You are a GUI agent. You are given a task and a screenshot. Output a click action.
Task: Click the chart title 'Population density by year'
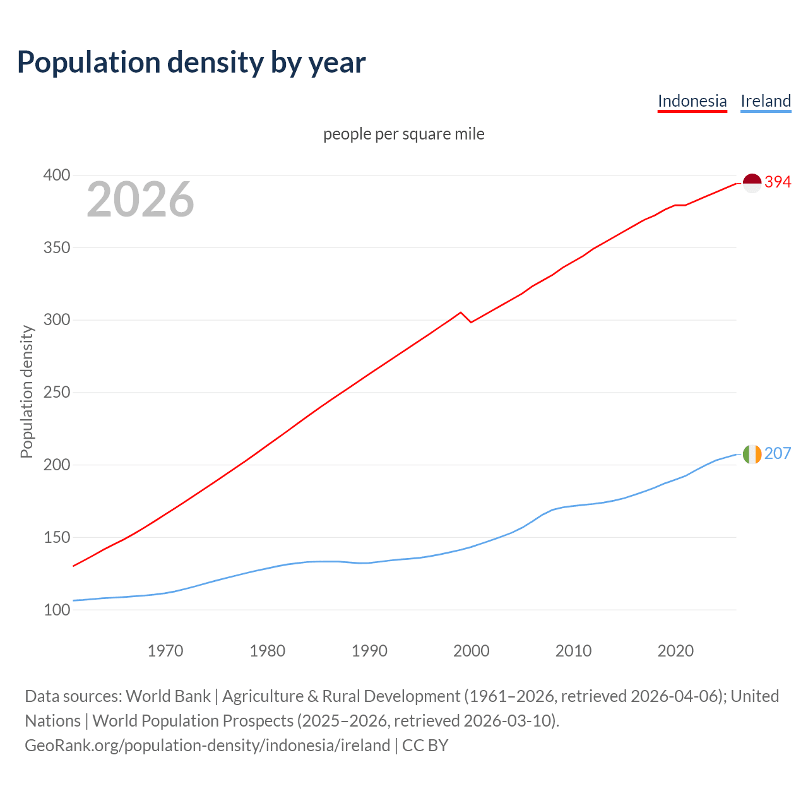(x=191, y=62)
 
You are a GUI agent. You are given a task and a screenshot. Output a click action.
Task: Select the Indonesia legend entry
(x=692, y=101)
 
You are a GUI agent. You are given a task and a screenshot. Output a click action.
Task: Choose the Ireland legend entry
(x=766, y=101)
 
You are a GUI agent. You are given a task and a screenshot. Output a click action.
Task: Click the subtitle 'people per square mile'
(x=404, y=134)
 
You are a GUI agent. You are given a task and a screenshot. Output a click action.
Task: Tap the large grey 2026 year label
(x=140, y=199)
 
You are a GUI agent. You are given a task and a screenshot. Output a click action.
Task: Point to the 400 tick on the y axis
(x=56, y=175)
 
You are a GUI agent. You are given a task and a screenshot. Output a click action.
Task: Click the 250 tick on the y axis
(x=56, y=393)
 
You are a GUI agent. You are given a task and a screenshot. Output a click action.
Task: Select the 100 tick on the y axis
(x=56, y=610)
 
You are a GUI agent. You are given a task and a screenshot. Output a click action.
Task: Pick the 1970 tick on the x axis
(x=165, y=651)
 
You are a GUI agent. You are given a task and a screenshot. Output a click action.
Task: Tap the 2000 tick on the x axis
(x=472, y=651)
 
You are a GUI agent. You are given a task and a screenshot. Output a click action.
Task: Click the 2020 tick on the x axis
(x=675, y=651)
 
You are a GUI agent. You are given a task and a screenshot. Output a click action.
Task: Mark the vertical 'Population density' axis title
(x=27, y=391)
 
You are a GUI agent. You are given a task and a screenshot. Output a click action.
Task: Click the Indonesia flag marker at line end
(x=752, y=182)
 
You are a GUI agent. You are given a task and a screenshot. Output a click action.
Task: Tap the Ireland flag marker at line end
(x=752, y=454)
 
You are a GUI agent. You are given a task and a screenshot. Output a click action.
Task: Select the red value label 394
(x=778, y=182)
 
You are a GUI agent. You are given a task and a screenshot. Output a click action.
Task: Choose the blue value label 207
(x=778, y=454)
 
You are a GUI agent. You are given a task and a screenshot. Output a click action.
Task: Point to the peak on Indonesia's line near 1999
(x=461, y=312)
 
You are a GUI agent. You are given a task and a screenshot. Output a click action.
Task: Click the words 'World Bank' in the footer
(x=168, y=696)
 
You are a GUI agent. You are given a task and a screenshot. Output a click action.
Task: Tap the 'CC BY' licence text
(x=425, y=746)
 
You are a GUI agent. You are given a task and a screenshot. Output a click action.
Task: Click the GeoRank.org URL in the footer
(x=207, y=746)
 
